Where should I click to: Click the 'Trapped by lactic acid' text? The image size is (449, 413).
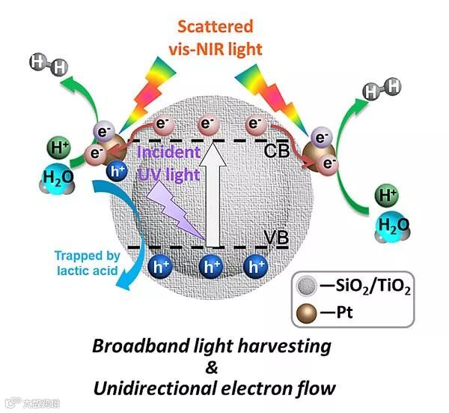(86, 263)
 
